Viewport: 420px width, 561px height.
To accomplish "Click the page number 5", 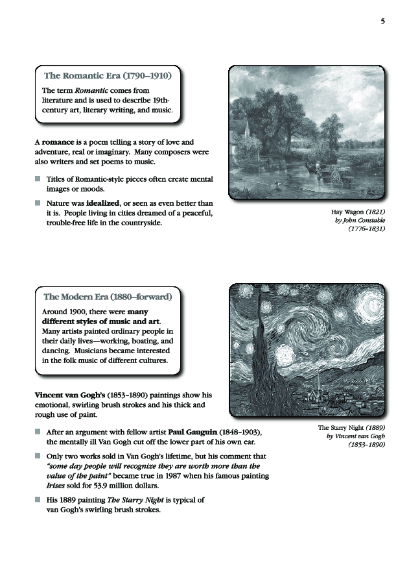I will pos(382,21).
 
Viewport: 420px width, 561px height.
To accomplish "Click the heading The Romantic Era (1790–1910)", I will pos(107,76).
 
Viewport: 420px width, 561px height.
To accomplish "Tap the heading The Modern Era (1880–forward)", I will pos(108,297).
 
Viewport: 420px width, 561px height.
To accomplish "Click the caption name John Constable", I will pos(364,220).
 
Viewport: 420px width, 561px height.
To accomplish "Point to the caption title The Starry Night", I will pos(341,428).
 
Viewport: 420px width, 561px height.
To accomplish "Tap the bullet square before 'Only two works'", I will pos(38,457).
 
